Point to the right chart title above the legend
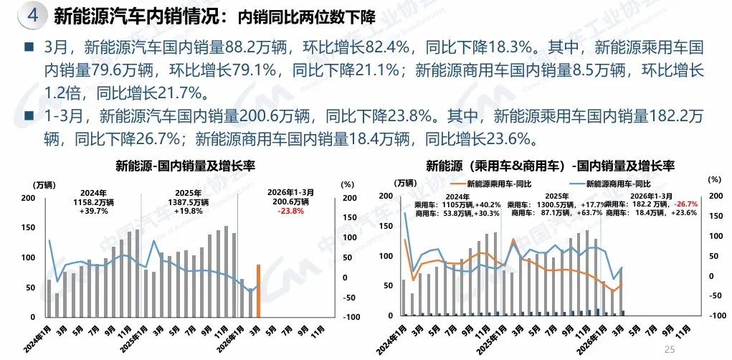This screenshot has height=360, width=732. [x=550, y=166]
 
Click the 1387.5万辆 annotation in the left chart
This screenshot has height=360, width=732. [x=187, y=202]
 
